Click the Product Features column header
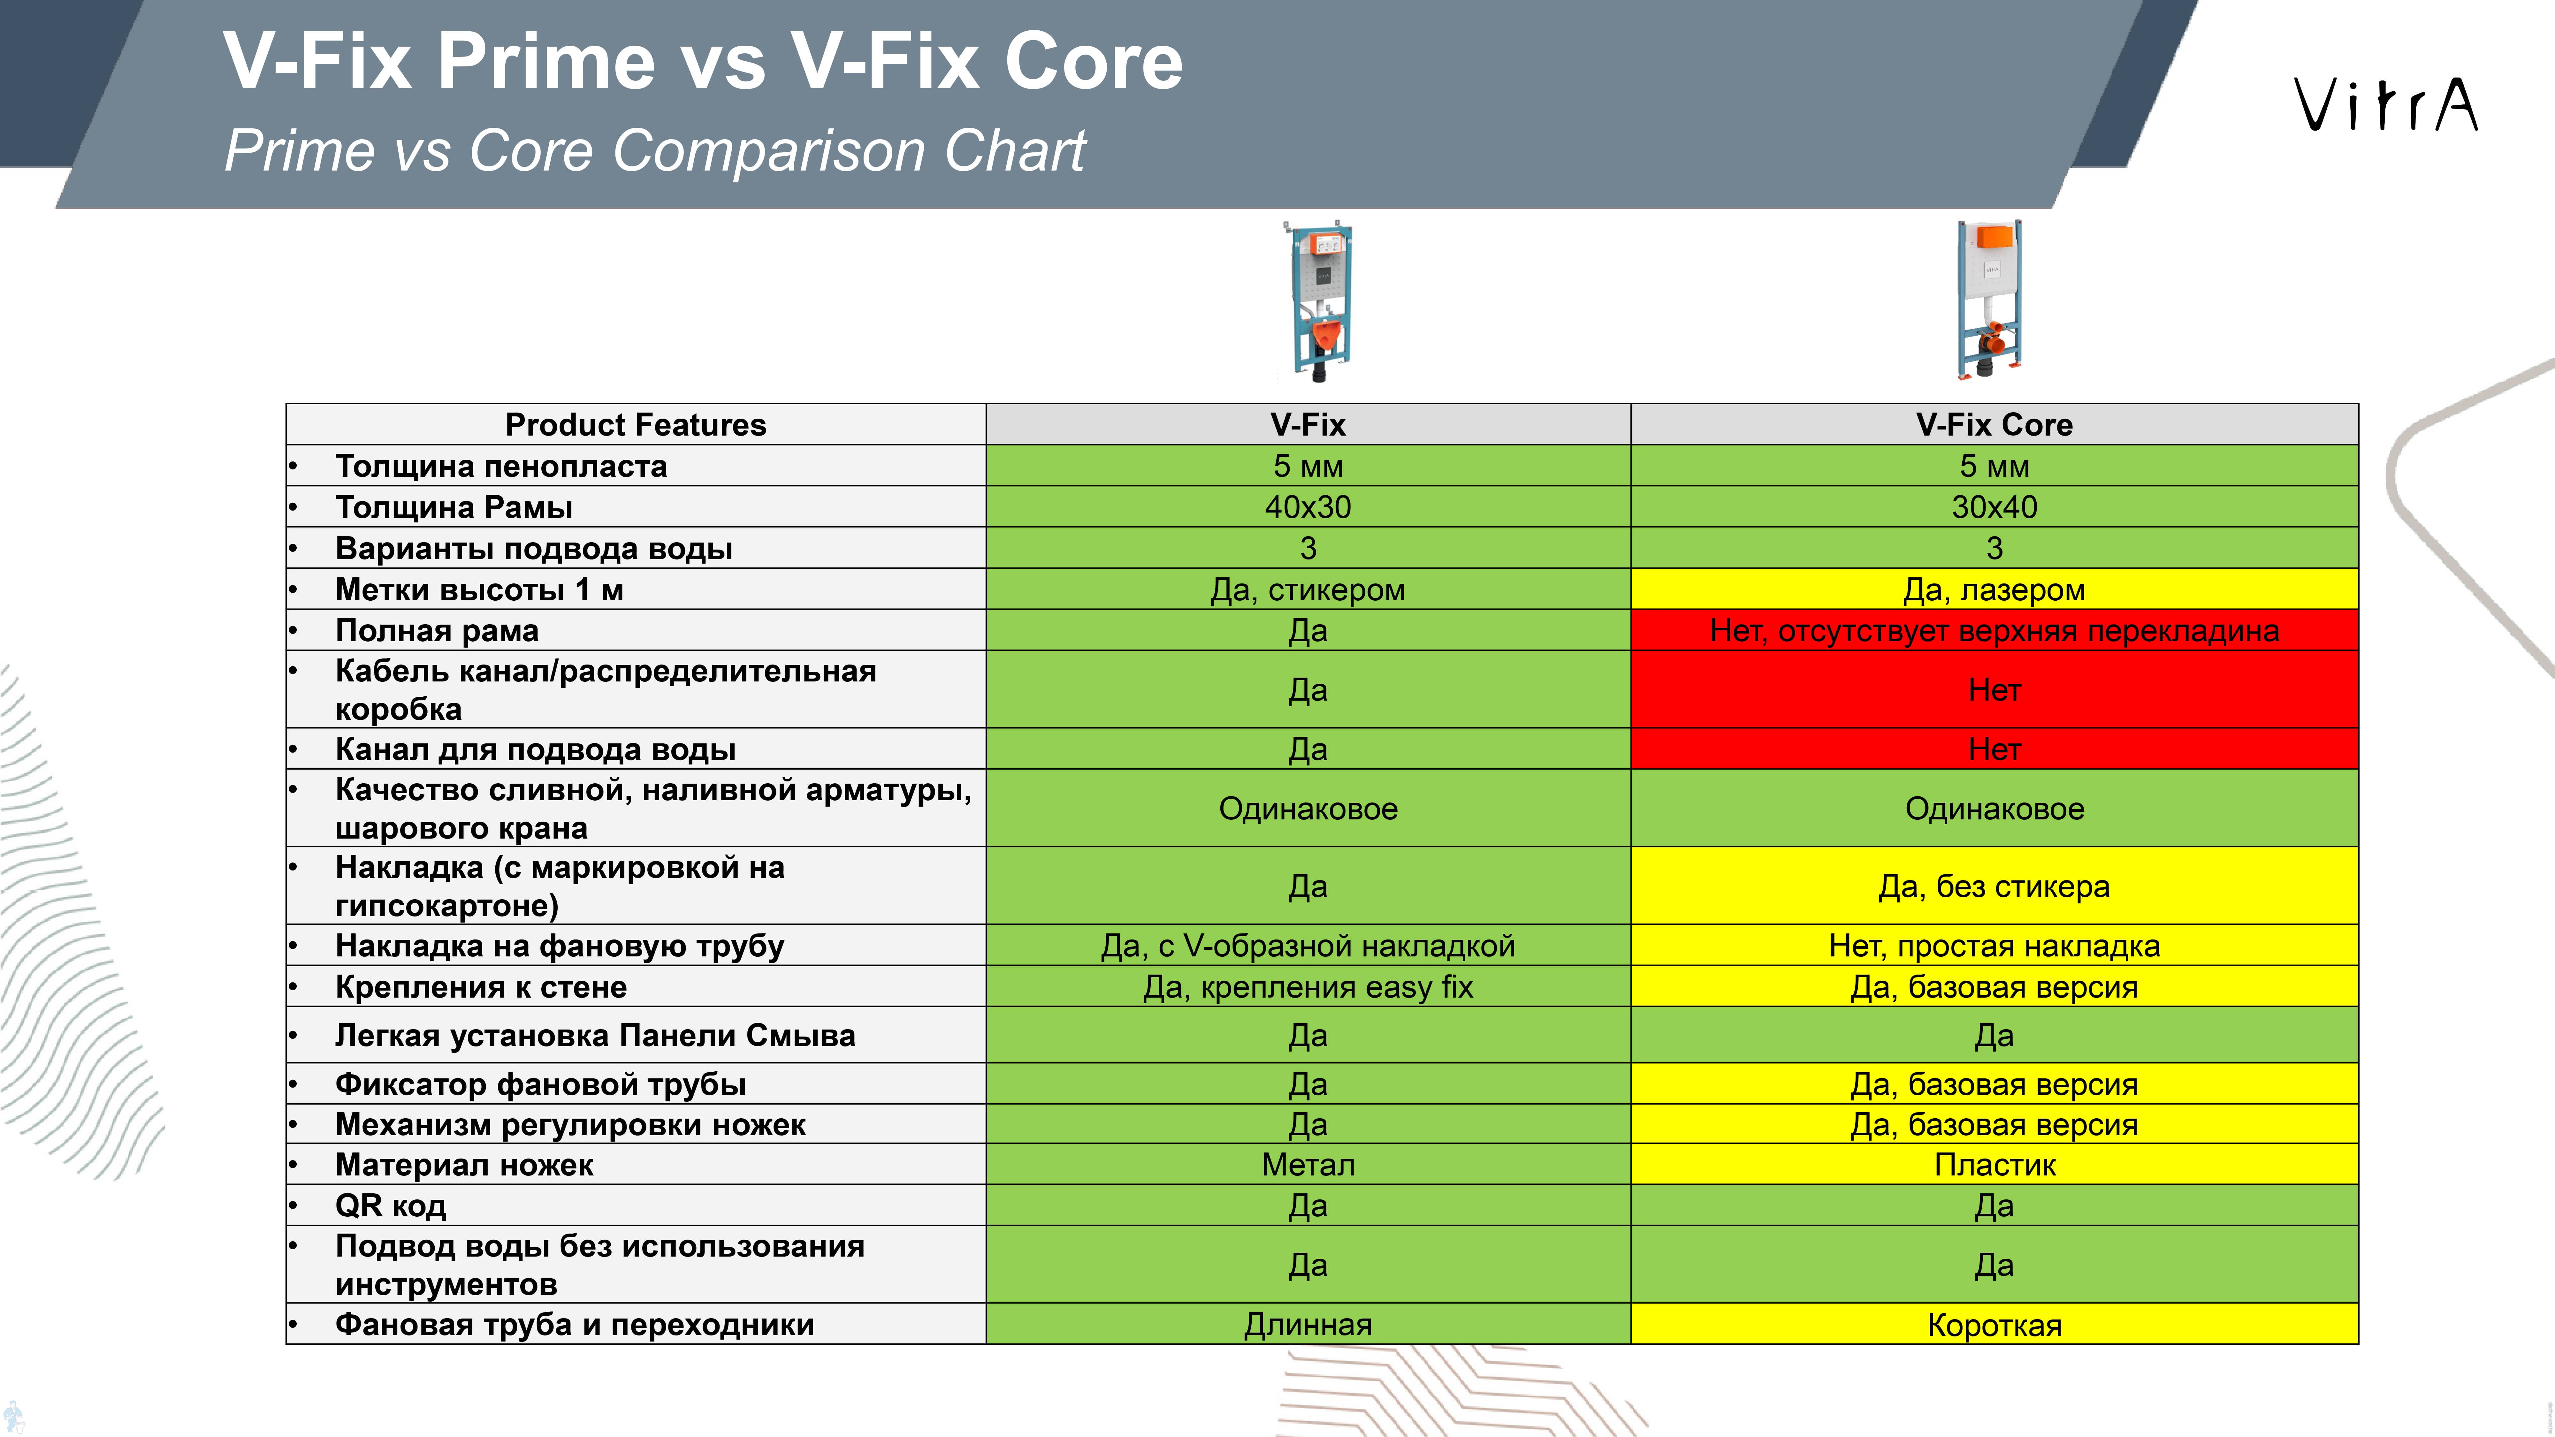(x=636, y=424)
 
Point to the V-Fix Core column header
(x=1994, y=424)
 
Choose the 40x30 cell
(x=1308, y=507)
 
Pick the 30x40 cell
(x=1994, y=507)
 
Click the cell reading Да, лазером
(x=1994, y=589)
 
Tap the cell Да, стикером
(x=1308, y=589)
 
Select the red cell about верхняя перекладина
(x=1994, y=630)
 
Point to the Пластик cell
(x=1994, y=1164)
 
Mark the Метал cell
(x=1308, y=1164)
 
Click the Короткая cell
(x=1994, y=1324)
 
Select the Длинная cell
(x=1308, y=1324)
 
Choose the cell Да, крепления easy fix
(x=1308, y=987)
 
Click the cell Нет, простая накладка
(x=1994, y=945)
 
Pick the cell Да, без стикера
(x=1994, y=886)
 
